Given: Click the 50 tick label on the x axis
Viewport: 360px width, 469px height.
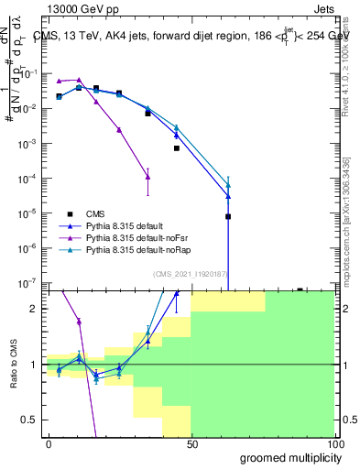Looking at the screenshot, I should pyautogui.click(x=191, y=443).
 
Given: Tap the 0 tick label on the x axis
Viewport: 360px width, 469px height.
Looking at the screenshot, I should pyautogui.click(x=49, y=443).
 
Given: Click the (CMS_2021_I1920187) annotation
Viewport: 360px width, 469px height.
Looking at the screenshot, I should pyautogui.click(x=191, y=275).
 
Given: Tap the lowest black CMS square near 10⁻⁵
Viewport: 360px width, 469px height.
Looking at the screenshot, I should pyautogui.click(x=228, y=217).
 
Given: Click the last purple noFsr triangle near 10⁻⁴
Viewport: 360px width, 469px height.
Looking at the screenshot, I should pyautogui.click(x=148, y=177).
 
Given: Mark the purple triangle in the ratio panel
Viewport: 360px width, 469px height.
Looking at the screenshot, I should pyautogui.click(x=80, y=322).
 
